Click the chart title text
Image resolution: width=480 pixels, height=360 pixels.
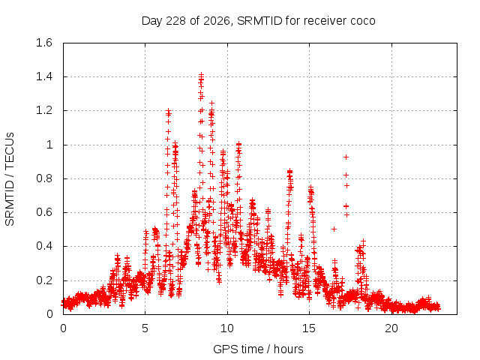click(x=258, y=21)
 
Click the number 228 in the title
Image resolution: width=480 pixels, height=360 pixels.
click(x=175, y=21)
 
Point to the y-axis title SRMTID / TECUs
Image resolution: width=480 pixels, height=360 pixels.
click(x=10, y=179)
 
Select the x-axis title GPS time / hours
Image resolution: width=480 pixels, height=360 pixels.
click(x=258, y=349)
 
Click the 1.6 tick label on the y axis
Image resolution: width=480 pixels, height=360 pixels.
click(x=44, y=43)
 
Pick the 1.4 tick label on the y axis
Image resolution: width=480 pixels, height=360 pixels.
click(x=44, y=76)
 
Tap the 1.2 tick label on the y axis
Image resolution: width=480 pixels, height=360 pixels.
click(x=44, y=110)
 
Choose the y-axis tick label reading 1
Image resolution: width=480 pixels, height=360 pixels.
click(x=49, y=145)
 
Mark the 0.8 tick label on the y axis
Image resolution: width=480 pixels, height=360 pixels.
click(x=44, y=178)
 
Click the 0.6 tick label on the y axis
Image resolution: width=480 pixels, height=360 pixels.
click(x=44, y=212)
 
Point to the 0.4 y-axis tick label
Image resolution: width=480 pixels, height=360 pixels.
click(x=44, y=246)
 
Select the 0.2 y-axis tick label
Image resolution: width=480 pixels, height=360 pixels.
click(x=44, y=280)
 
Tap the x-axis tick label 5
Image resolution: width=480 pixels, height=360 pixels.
click(x=145, y=328)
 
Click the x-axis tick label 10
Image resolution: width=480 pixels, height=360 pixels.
click(x=227, y=328)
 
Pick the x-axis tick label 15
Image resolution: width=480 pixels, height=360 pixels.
click(x=309, y=328)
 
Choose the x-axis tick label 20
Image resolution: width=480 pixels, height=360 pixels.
click(x=391, y=328)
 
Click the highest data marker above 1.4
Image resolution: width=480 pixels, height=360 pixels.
click(x=201, y=74)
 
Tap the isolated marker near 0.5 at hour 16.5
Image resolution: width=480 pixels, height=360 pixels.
click(x=334, y=229)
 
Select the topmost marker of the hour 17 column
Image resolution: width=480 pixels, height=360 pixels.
click(x=346, y=157)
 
